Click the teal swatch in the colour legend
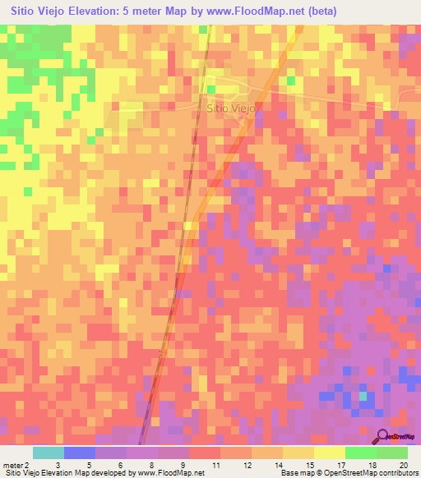49,453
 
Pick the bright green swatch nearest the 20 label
391,453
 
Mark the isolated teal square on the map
362,397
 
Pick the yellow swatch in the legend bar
298,453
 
